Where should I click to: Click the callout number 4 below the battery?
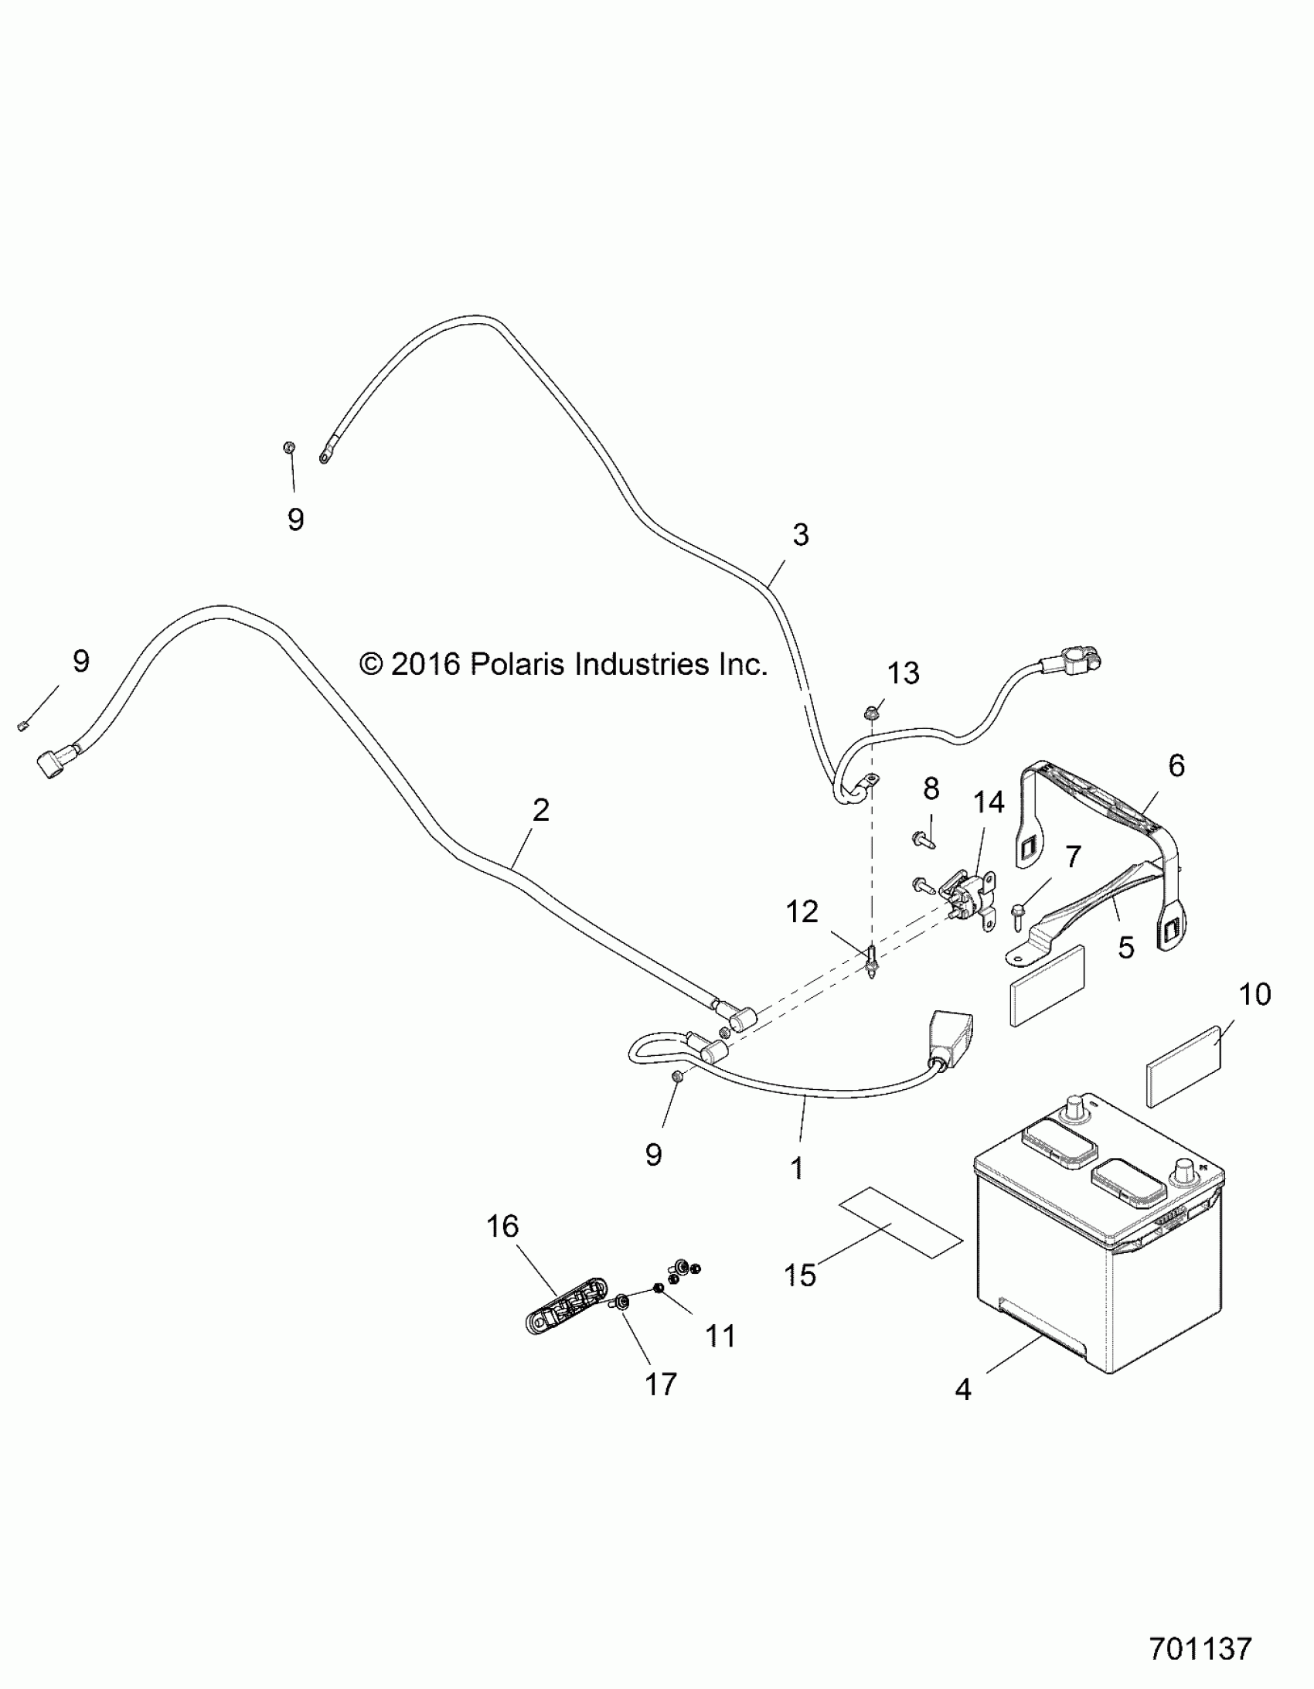coord(962,1390)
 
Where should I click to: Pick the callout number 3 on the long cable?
coord(801,534)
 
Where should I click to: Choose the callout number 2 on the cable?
coord(540,809)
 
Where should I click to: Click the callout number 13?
coord(903,673)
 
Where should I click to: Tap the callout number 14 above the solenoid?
coord(989,802)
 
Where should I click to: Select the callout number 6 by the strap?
coord(1176,765)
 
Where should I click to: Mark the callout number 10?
coord(1254,994)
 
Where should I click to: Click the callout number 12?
coord(802,913)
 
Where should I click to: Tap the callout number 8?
coord(931,788)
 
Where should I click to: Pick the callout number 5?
coord(1126,948)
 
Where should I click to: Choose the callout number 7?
coord(1073,857)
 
